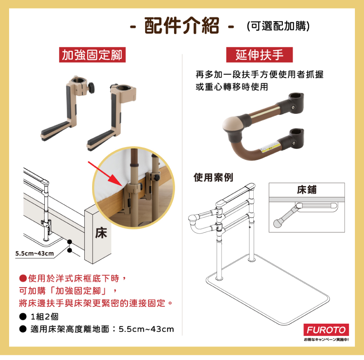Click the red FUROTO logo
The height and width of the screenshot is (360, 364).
click(x=326, y=329)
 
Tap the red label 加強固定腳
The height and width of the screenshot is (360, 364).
click(x=92, y=55)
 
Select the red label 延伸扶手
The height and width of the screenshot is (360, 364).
click(x=259, y=55)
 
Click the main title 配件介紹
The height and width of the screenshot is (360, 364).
click(x=182, y=26)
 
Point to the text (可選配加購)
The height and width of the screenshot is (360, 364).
click(x=278, y=26)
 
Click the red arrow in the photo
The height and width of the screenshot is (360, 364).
click(x=105, y=174)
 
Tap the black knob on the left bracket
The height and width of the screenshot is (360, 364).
click(x=91, y=88)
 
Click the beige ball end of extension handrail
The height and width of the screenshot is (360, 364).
click(x=232, y=124)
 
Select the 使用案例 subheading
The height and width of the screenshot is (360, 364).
click(x=213, y=177)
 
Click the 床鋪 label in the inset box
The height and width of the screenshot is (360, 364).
click(x=306, y=190)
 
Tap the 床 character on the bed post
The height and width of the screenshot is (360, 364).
click(x=101, y=233)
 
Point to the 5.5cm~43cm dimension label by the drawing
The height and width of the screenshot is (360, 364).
click(x=35, y=253)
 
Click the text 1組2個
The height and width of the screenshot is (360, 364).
click(x=44, y=317)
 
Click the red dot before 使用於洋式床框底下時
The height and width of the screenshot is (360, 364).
click(x=23, y=278)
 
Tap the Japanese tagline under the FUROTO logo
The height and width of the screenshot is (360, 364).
click(x=326, y=340)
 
